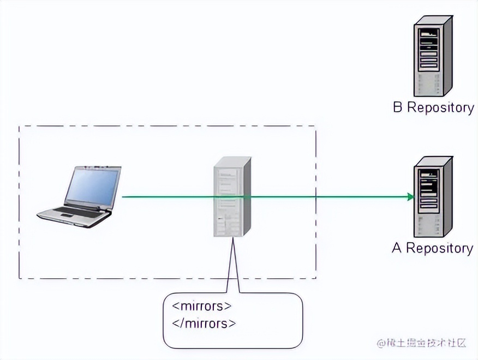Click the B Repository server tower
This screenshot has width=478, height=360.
433,56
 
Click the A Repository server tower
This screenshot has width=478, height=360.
433,196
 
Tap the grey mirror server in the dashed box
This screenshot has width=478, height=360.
231,196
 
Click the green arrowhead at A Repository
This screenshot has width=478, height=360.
410,196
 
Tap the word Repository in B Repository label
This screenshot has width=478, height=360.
440,107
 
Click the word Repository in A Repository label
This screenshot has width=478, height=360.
439,249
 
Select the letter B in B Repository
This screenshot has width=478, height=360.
398,107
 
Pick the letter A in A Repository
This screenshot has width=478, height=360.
397,249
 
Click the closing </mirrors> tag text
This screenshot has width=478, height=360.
204,323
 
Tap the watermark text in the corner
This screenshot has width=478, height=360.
421,343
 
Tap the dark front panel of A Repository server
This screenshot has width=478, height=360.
429,188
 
